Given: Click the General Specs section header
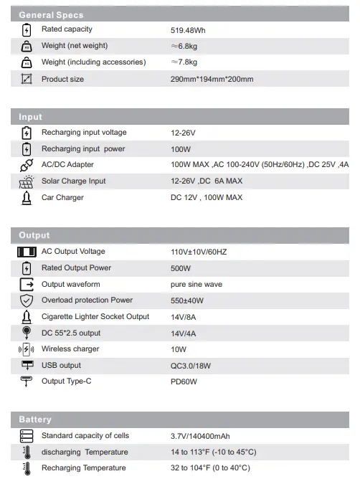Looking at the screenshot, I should click(x=51, y=14).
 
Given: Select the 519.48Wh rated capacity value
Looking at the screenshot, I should click(x=190, y=30).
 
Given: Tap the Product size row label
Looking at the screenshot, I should click(x=62, y=79).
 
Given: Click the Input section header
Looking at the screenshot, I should click(x=31, y=116).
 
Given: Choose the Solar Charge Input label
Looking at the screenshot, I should click(x=73, y=181).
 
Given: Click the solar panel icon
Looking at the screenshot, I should click(x=27, y=181).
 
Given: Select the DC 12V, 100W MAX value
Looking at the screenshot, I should click(x=207, y=197).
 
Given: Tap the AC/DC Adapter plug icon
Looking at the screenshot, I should click(x=27, y=165).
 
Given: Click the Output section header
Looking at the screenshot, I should click(x=34, y=235).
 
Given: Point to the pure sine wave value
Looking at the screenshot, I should click(x=196, y=284).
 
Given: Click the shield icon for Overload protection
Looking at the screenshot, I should click(x=27, y=300).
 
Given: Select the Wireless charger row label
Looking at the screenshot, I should click(x=70, y=348).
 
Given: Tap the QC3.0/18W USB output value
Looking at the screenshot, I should click(x=191, y=365).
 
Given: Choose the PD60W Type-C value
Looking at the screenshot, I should click(x=184, y=381).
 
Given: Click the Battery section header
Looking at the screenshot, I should click(x=35, y=419).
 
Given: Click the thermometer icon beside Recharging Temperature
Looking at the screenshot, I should click(x=27, y=468).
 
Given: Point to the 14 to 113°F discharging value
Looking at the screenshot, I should click(x=213, y=452).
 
